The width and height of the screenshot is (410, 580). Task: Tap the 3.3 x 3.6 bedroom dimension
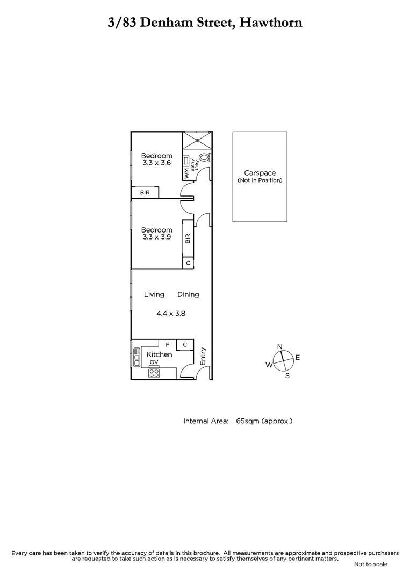pyautogui.click(x=156, y=163)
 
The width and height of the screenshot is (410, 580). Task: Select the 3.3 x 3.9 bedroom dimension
pyautogui.click(x=156, y=237)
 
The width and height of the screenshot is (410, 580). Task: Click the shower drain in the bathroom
pyautogui.click(x=197, y=141)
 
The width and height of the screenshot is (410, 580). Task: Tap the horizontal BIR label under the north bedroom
pyautogui.click(x=145, y=192)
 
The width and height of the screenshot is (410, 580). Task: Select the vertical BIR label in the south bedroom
pyautogui.click(x=188, y=238)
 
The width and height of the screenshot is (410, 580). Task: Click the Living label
pyautogui.click(x=154, y=294)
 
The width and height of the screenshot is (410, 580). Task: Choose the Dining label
pyautogui.click(x=188, y=294)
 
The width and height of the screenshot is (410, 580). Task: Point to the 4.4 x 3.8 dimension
pyautogui.click(x=171, y=314)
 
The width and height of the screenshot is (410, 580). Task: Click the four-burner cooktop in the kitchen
pyautogui.click(x=154, y=373)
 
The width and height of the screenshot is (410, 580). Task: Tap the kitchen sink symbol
pyautogui.click(x=135, y=354)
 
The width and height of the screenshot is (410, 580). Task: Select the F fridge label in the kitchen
pyautogui.click(x=168, y=344)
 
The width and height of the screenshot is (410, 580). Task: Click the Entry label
pyautogui.click(x=203, y=357)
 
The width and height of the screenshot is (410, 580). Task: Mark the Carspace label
pyautogui.click(x=260, y=173)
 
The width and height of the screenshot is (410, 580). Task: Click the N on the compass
pyautogui.click(x=279, y=347)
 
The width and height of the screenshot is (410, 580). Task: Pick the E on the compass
pyautogui.click(x=297, y=357)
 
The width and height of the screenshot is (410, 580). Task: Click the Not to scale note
pyautogui.click(x=371, y=564)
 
